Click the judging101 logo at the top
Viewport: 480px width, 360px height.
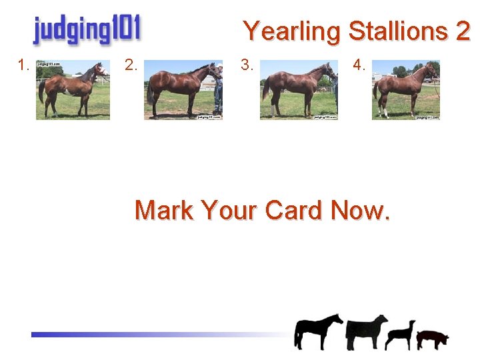coord(87,30)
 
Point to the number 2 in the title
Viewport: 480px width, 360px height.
coord(463,31)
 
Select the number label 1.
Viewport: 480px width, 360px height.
coord(24,65)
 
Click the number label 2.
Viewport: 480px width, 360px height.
coord(131,65)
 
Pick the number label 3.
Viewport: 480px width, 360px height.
coord(247,65)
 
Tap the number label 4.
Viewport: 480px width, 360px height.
coord(359,65)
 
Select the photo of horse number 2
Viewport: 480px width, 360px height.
coord(183,90)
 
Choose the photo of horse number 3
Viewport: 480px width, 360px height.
coord(299,90)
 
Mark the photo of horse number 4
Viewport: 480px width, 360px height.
coord(406,90)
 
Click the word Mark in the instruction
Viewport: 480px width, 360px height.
coord(163,211)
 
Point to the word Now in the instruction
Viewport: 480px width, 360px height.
coord(361,211)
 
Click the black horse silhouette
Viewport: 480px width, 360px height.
coord(317,331)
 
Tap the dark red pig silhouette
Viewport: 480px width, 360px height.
coord(432,339)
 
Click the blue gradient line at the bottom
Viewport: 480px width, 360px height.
coord(153,335)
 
